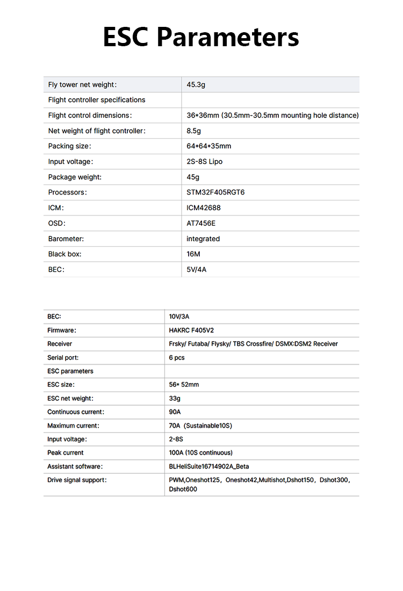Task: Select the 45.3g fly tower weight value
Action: click(x=196, y=84)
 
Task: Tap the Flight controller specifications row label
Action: click(x=97, y=100)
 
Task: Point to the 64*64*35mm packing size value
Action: click(x=208, y=146)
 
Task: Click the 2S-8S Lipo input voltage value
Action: click(x=204, y=162)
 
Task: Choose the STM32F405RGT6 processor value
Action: click(x=215, y=192)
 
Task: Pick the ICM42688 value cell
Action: click(x=204, y=208)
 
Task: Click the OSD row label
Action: click(x=56, y=224)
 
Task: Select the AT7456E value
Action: click(x=201, y=224)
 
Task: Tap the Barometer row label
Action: click(x=66, y=239)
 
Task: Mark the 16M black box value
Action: click(x=193, y=254)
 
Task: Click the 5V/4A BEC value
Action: click(x=196, y=270)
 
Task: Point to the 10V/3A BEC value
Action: click(x=179, y=317)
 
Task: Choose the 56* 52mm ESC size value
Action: click(x=184, y=385)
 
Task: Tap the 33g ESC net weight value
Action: click(x=175, y=399)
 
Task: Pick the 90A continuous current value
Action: click(x=175, y=412)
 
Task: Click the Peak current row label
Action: click(x=66, y=453)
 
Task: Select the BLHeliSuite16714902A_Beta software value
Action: click(x=209, y=466)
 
